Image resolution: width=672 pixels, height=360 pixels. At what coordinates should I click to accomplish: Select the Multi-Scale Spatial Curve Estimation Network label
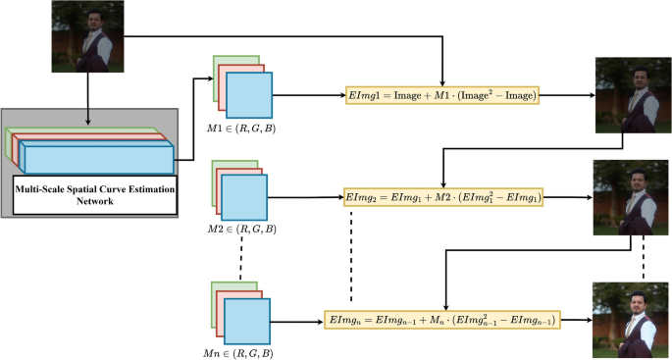click(89, 193)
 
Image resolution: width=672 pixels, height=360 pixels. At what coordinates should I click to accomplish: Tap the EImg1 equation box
click(443, 95)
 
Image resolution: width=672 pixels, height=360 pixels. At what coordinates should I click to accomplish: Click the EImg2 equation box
click(443, 197)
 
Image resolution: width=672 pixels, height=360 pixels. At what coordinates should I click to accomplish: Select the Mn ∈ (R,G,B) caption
click(239, 351)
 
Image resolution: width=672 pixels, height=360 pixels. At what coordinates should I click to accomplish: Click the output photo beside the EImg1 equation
click(633, 95)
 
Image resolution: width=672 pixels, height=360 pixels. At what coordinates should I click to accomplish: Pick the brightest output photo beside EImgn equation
click(633, 319)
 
